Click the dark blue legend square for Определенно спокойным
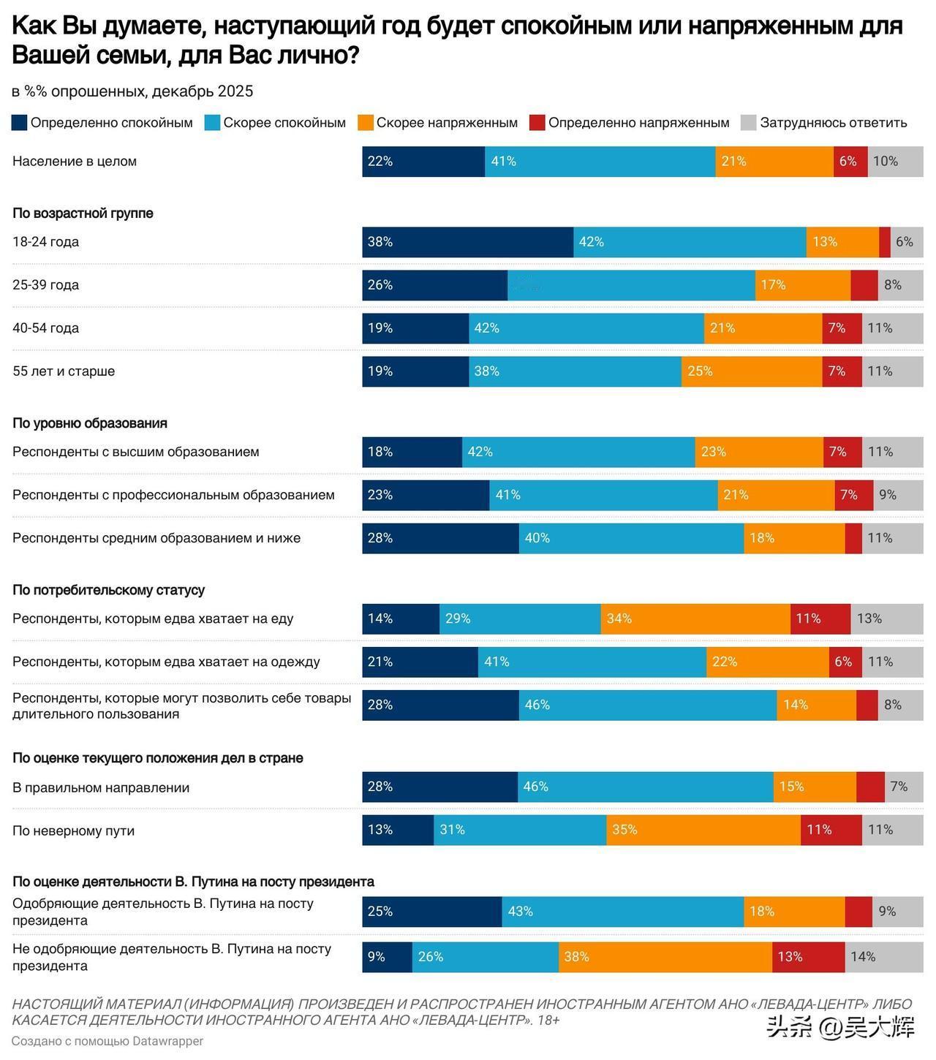coord(20,123)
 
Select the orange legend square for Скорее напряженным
coord(366,123)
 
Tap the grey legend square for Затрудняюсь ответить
coord(748,123)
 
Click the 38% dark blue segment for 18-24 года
coord(467,242)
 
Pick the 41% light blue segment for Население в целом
coord(600,162)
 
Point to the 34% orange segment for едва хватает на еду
coord(695,619)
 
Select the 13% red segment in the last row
coord(808,957)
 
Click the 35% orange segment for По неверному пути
coord(703,830)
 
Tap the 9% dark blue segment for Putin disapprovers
coord(387,957)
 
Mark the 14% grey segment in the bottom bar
coord(884,957)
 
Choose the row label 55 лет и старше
coord(64,371)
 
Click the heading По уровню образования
coord(90,423)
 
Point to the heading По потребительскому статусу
coord(108,590)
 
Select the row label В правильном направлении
coord(101,788)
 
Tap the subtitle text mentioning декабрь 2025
coord(132,91)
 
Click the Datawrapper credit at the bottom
coord(107,1041)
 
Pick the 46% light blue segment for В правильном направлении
coord(646,787)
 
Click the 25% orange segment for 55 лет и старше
coord(752,371)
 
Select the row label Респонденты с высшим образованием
coord(136,452)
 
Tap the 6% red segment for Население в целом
coord(850,162)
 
